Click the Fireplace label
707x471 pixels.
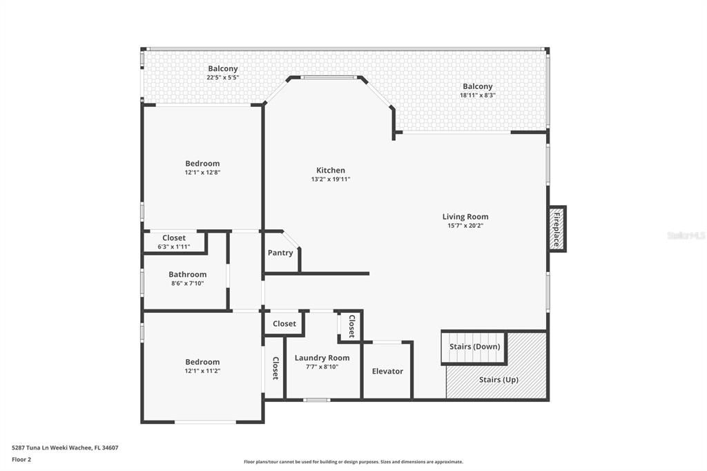click(556, 229)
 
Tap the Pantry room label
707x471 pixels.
click(280, 253)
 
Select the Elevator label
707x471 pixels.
click(387, 371)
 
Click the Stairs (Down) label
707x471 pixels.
click(474, 347)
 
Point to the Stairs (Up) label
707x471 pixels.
click(498, 380)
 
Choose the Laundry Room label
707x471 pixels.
click(322, 358)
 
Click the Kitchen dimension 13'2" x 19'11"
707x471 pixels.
click(331, 180)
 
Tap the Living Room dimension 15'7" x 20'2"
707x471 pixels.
click(465, 226)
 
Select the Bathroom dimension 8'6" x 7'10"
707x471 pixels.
click(187, 283)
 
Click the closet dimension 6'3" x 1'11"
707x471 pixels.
click(174, 247)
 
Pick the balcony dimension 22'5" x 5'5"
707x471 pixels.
click(222, 77)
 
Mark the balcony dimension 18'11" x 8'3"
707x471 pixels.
click(478, 95)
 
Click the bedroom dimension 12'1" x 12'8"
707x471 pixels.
click(202, 173)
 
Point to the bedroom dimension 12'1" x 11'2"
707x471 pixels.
click(202, 371)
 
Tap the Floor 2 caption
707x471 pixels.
click(21, 459)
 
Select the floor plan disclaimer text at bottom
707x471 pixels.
click(353, 462)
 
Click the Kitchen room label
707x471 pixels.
click(331, 171)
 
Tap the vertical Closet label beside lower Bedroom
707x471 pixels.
click(275, 368)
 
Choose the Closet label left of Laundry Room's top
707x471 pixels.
click(284, 323)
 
